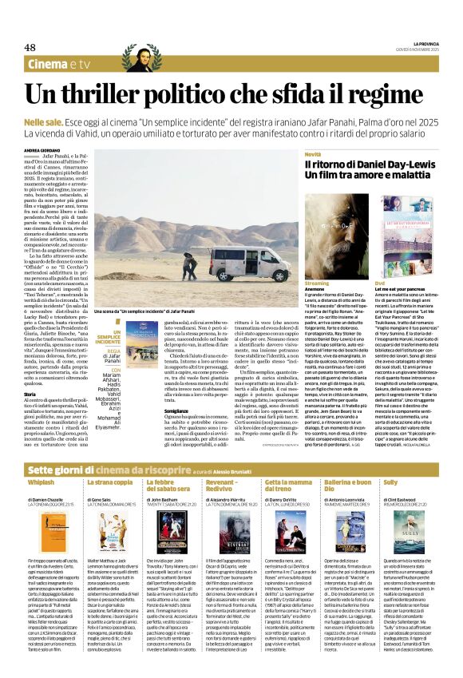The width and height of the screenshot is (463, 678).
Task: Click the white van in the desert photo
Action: pos(235,263)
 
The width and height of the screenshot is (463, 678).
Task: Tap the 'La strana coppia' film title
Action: pos(109,482)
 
